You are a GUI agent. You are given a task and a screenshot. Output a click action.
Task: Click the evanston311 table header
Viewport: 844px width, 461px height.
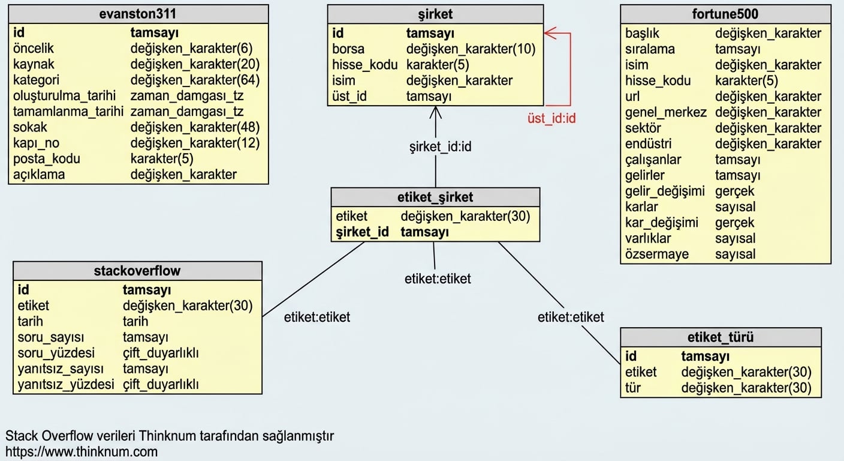pos(138,14)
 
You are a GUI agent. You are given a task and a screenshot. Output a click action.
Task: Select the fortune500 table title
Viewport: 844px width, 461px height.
pos(725,14)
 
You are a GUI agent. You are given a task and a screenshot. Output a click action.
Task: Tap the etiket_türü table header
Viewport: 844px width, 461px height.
pos(721,337)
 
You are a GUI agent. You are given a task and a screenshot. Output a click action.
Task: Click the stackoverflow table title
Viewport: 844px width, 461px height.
pos(137,270)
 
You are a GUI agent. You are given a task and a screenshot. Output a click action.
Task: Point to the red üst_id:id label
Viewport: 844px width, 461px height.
pos(551,118)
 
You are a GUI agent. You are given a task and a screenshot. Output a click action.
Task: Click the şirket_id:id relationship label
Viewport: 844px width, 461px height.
pos(441,146)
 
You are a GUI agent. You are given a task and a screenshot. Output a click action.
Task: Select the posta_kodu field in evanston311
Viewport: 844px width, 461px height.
pos(47,159)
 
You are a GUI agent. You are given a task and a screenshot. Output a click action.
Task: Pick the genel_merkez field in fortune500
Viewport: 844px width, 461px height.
pos(665,112)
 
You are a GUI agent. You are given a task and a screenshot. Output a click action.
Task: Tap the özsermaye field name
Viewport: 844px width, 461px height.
pos(657,254)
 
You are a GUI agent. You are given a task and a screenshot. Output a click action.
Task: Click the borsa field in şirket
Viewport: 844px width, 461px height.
pos(348,49)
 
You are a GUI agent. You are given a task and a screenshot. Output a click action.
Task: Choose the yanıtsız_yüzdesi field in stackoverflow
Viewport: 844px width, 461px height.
pos(65,384)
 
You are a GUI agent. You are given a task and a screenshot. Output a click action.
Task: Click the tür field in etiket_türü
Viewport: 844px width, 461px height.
pos(632,388)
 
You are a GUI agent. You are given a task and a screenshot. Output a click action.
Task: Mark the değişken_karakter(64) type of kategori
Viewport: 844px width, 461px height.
pos(195,80)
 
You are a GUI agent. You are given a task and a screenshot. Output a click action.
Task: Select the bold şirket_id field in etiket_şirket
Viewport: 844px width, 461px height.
pos(362,232)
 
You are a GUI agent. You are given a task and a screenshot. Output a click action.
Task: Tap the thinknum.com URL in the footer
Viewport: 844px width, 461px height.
pos(82,451)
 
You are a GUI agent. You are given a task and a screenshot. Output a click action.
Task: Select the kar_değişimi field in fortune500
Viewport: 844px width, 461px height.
pos(662,223)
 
